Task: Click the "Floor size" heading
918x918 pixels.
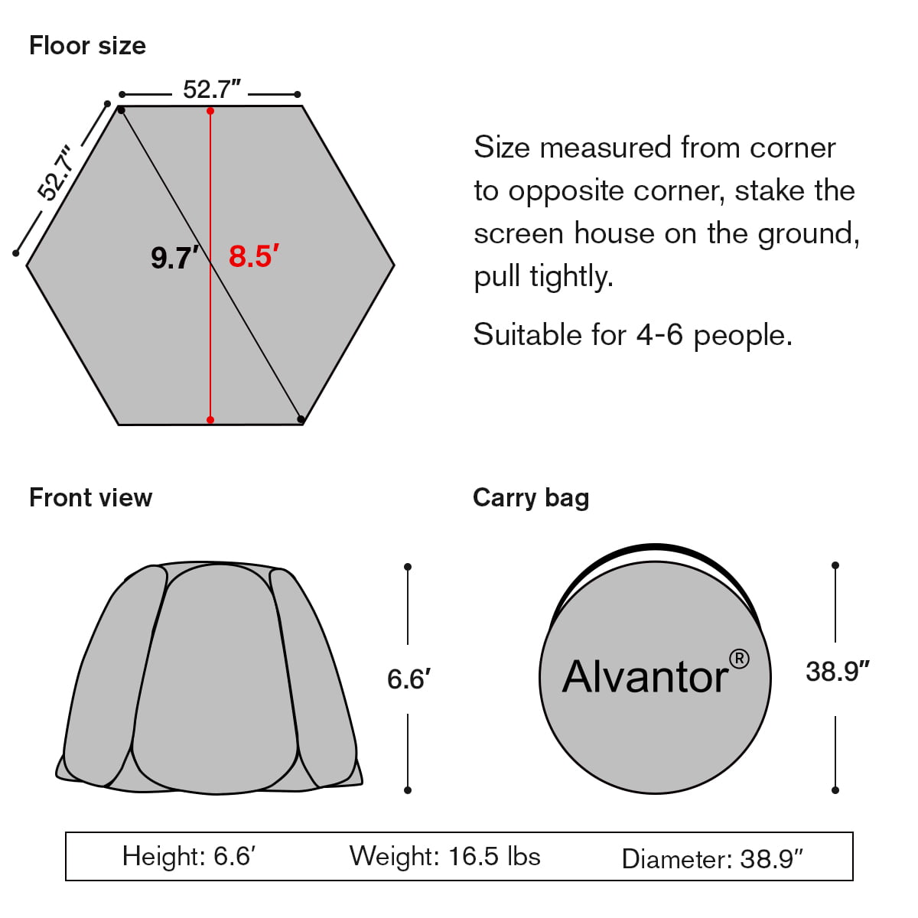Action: coord(87,46)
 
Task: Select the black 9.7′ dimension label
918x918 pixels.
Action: coord(175,258)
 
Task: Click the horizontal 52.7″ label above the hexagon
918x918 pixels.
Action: coord(211,90)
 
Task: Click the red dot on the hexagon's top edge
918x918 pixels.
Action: coord(210,111)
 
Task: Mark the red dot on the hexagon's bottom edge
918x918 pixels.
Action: coord(210,420)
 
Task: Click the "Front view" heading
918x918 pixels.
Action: coord(90,498)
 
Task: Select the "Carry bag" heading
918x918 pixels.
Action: coord(531,498)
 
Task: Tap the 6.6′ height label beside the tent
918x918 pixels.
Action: coord(409,679)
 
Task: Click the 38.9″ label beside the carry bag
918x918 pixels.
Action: coord(837,672)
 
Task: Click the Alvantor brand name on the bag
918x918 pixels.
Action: coord(645,677)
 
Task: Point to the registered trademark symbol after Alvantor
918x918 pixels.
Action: coord(739,659)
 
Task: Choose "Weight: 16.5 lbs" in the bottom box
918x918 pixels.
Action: coord(444,856)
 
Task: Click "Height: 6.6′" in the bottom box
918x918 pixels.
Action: coord(188,856)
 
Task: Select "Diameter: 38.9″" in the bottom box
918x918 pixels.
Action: coord(712,859)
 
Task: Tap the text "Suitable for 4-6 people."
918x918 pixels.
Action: coord(633,335)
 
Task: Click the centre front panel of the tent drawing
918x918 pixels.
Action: coord(217,673)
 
